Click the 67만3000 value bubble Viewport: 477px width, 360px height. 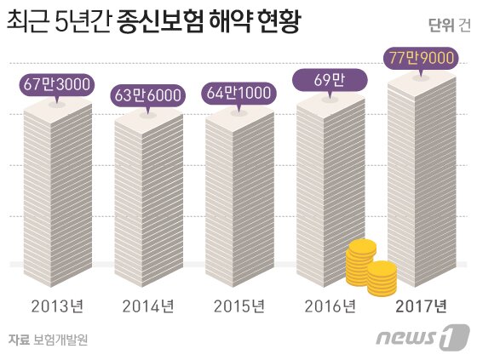57,86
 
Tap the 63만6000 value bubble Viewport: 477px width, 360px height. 147,94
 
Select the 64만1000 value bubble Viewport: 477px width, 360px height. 239,93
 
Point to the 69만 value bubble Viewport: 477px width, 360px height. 330,82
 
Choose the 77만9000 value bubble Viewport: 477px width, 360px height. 421,60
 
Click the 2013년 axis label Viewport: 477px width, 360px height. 57,306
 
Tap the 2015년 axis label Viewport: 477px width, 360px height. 239,306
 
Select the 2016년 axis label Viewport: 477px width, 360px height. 330,306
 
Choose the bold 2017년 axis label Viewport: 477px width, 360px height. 422,306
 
